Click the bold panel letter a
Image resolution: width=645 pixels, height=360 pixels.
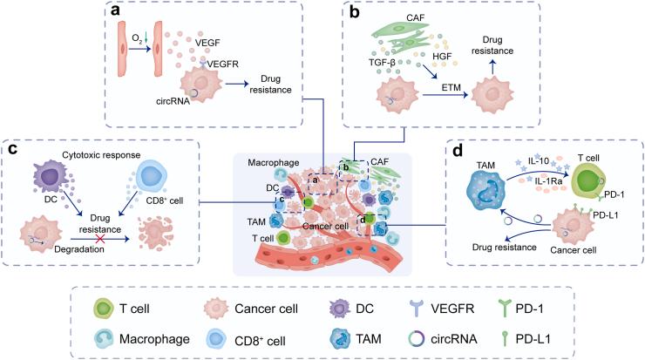[115, 12]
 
